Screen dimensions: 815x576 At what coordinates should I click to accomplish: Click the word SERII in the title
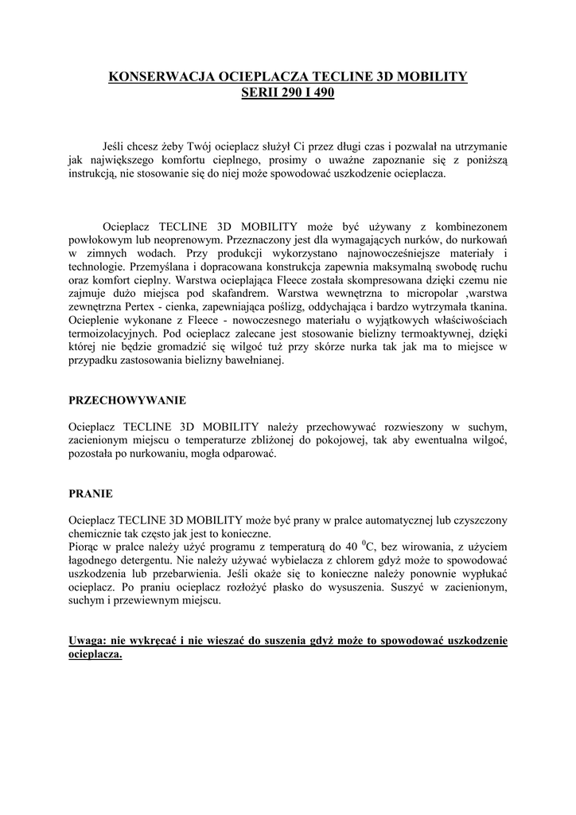coord(258,93)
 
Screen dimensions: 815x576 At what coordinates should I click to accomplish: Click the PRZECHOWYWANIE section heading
coord(128,400)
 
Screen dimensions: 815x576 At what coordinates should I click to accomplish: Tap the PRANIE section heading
coord(91,493)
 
